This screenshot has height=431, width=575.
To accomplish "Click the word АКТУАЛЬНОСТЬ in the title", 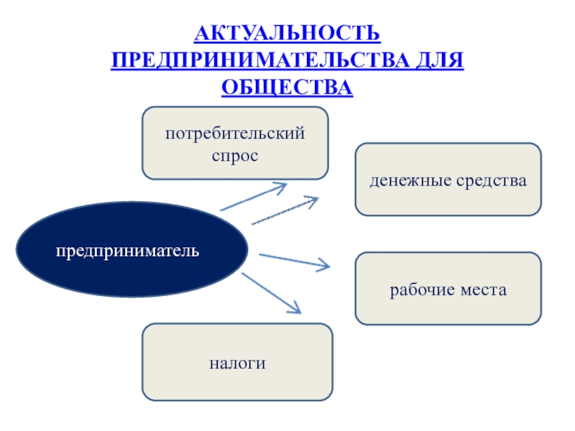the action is pyautogui.click(x=287, y=34).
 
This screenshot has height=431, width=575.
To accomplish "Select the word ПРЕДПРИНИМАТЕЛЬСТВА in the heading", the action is pyautogui.click(x=257, y=60).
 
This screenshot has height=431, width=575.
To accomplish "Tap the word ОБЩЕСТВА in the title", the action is pyautogui.click(x=287, y=87).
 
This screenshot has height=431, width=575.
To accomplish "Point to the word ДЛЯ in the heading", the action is pyautogui.click(x=436, y=60).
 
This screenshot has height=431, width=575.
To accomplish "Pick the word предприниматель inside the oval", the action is pyautogui.click(x=129, y=251).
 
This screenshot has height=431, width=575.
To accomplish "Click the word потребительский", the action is pyautogui.click(x=235, y=133).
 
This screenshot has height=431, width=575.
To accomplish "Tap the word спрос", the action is pyautogui.click(x=235, y=154).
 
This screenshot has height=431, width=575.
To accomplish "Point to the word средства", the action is pyautogui.click(x=492, y=180).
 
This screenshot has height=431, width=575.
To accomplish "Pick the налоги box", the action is pyautogui.click(x=237, y=363).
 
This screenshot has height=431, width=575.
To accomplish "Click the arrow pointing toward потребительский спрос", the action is pyautogui.click(x=253, y=197).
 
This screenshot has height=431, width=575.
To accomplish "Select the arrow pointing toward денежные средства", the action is pyautogui.click(x=284, y=211).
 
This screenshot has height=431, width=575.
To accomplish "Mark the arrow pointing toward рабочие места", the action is pyautogui.click(x=293, y=261).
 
